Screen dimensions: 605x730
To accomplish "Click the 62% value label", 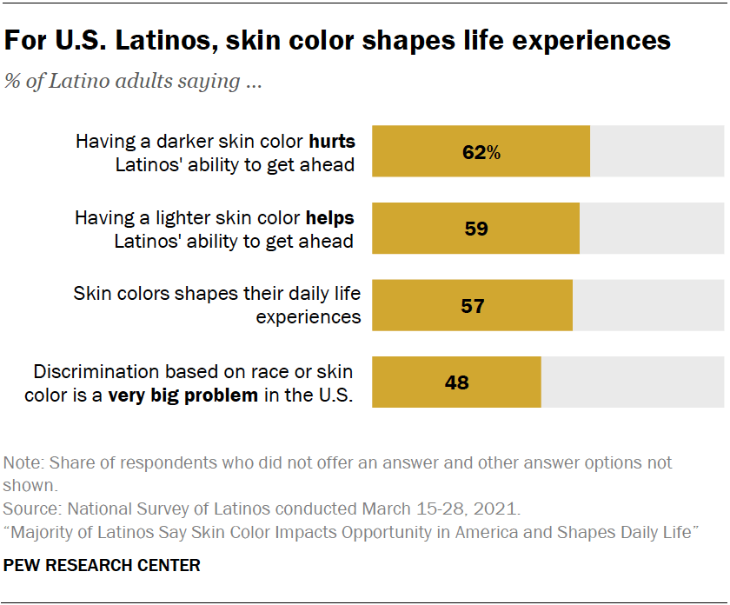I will [481, 152].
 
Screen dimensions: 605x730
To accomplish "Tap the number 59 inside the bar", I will [475, 229].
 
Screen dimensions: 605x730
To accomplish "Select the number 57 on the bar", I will [472, 305].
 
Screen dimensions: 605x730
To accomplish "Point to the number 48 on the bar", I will [456, 382].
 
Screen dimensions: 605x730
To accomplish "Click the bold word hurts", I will [332, 141].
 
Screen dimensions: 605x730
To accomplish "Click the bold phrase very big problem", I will [182, 396].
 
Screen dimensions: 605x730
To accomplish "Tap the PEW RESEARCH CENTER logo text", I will [103, 565].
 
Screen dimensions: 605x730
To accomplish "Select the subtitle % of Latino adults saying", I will [134, 82].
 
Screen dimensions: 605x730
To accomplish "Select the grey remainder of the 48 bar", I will [633, 382].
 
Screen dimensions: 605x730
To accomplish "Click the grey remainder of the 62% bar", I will [657, 152].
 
